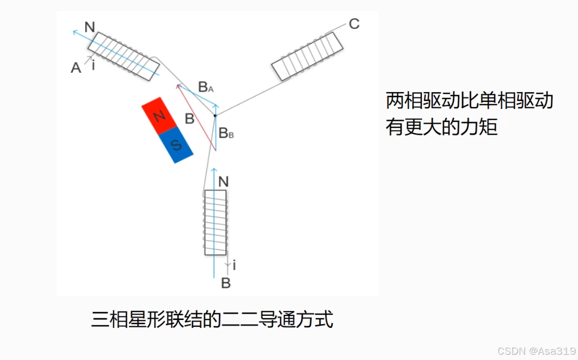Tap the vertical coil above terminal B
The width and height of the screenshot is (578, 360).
coord(215,223)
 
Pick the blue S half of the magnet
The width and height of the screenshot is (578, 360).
coord(176,145)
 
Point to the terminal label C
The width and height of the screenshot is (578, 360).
coord(354,24)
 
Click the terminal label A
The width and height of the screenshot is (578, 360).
coord(76,67)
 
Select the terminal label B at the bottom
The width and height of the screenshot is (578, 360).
coord(226,284)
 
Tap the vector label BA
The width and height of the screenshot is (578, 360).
coord(206,87)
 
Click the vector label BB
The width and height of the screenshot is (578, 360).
coord(226,133)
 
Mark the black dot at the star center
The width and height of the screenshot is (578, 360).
coord(215,115)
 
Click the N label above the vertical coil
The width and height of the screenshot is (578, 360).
coord(224,182)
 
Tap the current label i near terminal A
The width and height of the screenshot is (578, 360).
coord(93,66)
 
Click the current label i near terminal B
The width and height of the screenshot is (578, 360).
coord(234,266)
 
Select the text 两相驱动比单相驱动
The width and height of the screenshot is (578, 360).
coord(470,101)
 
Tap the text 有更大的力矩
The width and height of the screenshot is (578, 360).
coord(442,127)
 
